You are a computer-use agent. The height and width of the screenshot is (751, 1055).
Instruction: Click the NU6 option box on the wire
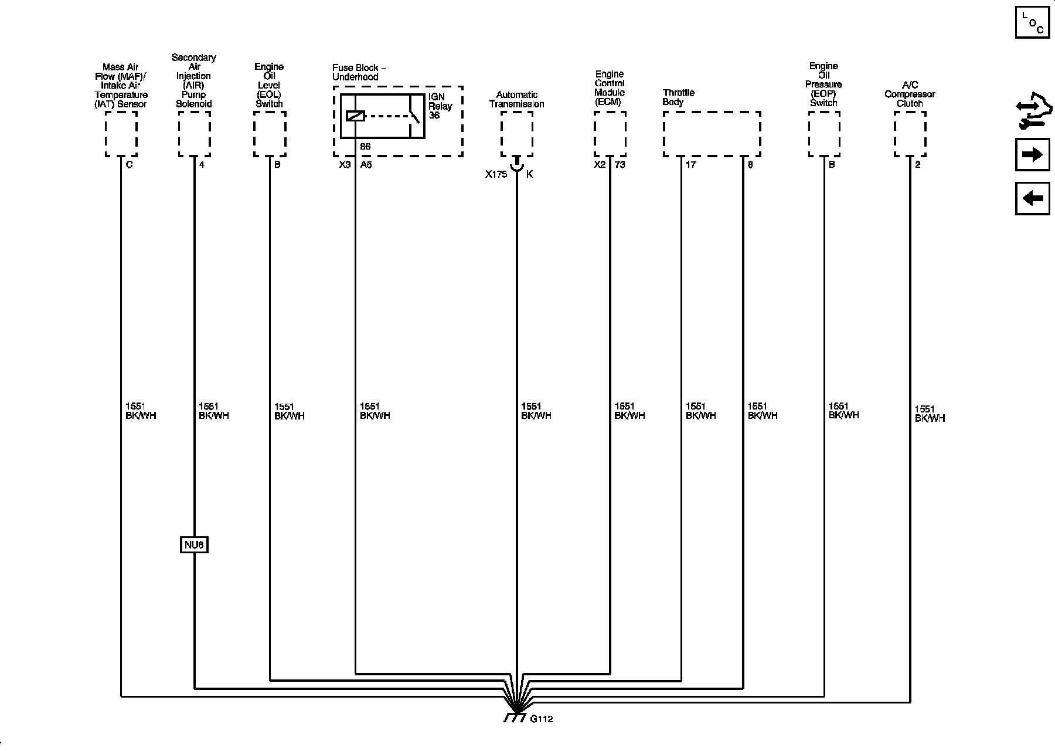click(194, 545)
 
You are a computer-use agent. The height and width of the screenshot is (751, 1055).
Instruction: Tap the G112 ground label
click(541, 719)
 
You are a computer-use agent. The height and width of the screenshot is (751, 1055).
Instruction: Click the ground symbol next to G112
click(515, 717)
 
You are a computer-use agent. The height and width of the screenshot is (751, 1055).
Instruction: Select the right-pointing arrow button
click(1032, 155)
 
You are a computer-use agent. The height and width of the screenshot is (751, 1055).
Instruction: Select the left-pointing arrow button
click(1032, 198)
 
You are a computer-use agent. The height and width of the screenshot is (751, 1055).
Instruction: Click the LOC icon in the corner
click(1032, 22)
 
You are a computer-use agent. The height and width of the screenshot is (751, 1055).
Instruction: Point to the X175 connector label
click(496, 174)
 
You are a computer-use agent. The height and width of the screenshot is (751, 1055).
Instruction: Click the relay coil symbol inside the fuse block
click(355, 116)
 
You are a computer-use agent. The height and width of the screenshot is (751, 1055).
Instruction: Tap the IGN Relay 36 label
click(440, 106)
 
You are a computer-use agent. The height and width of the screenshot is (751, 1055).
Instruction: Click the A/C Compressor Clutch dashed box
click(910, 134)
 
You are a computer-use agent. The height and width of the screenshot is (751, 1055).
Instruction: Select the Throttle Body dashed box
click(712, 134)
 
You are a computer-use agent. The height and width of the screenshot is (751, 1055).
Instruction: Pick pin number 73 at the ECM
click(620, 165)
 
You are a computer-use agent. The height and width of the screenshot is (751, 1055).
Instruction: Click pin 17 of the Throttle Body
click(690, 165)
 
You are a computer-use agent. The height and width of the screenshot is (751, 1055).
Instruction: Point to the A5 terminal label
click(366, 165)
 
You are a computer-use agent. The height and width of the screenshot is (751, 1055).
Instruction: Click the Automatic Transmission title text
click(516, 99)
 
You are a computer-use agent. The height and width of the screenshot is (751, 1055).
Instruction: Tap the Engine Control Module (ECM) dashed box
click(610, 134)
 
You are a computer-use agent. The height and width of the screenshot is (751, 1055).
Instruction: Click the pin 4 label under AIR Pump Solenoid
click(202, 165)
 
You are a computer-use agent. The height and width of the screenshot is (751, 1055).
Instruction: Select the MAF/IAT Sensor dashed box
click(121, 134)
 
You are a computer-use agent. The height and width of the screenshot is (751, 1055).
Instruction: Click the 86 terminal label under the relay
click(365, 147)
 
